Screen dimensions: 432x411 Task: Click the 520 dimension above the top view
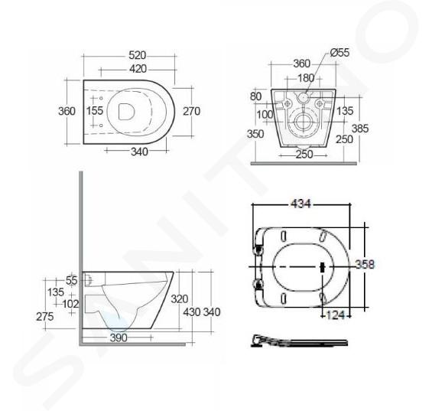coord(137,55)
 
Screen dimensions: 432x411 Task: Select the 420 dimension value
coord(138,69)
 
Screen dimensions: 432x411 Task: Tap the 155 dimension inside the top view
coord(95,111)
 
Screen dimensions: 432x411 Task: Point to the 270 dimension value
coord(191,111)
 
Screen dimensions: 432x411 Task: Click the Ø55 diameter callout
coord(339,52)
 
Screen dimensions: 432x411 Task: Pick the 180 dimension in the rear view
coord(306,78)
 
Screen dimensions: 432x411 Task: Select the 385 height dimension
coord(360,129)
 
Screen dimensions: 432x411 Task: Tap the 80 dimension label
coord(255,96)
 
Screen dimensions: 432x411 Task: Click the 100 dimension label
coord(265,115)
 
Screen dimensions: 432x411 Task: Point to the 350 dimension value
coord(255,134)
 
